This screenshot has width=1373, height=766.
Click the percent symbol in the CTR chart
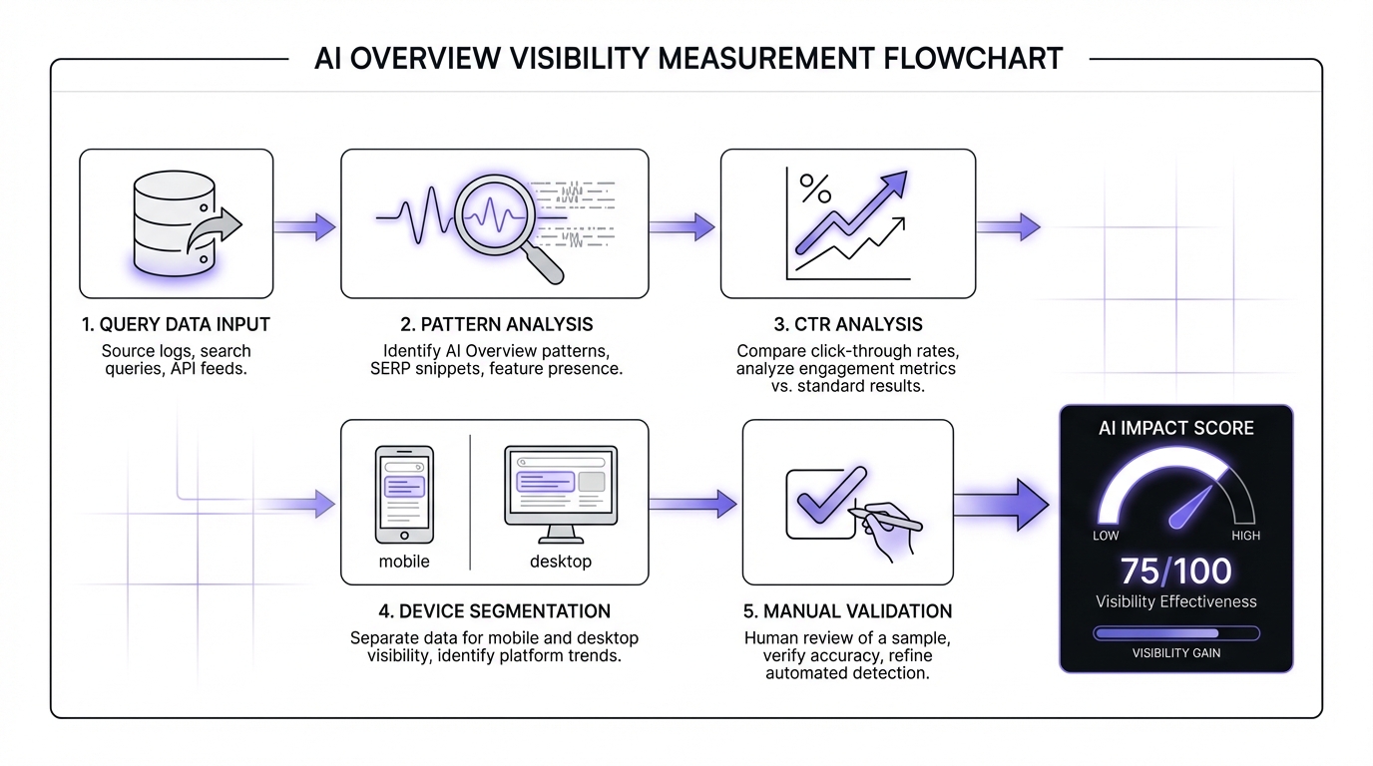[x=815, y=187]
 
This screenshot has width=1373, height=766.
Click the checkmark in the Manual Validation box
[x=824, y=494]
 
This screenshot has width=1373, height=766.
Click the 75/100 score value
[x=1175, y=571]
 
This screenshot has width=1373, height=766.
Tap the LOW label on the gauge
[x=1106, y=536]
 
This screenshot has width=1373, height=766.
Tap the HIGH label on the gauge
[x=1245, y=536]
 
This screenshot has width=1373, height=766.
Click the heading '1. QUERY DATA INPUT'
[x=177, y=324]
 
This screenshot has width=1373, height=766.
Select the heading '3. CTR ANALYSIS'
[x=847, y=324]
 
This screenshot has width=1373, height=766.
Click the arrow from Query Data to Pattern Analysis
[x=304, y=226]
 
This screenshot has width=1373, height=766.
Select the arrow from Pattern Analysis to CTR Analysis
[x=682, y=226]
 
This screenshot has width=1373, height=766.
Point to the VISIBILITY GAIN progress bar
[x=1175, y=633]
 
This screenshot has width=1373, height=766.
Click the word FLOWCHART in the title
[x=973, y=58]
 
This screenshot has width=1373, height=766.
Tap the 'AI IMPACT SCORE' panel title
[x=1175, y=428]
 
